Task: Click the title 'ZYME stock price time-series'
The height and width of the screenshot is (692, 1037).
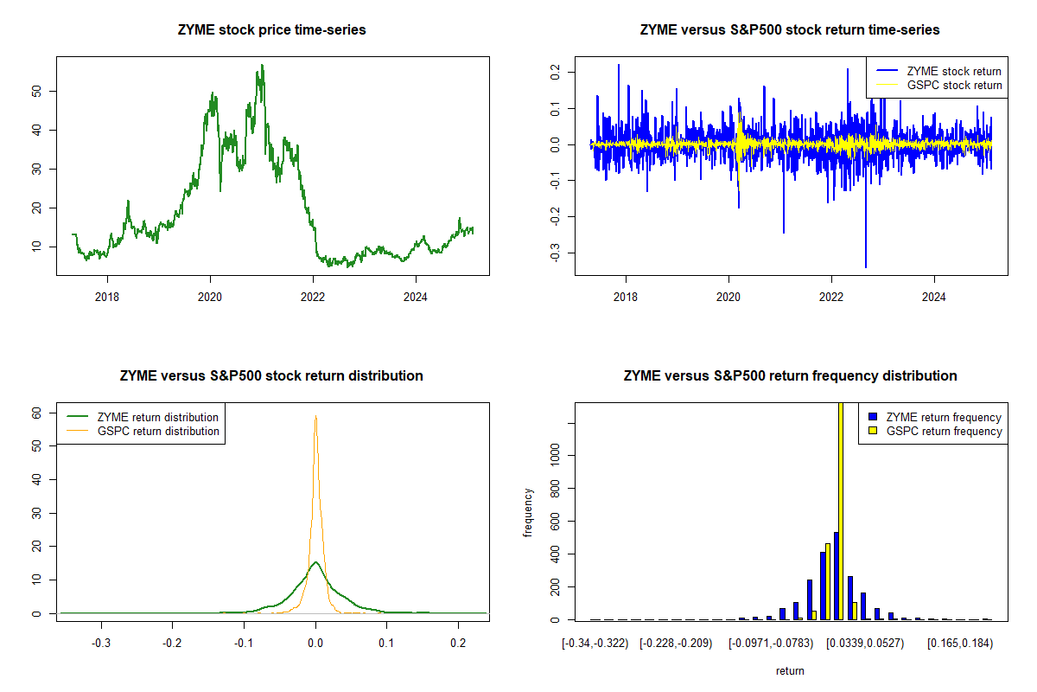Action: pos(273,30)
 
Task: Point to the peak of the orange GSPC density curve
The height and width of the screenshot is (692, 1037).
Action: pos(315,417)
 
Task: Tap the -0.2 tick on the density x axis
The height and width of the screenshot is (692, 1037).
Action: pos(173,644)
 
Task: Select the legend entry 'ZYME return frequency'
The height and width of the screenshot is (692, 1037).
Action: pos(943,417)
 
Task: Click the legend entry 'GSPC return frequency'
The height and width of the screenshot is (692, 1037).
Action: pos(943,431)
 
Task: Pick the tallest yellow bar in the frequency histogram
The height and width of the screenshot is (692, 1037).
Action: pos(841,510)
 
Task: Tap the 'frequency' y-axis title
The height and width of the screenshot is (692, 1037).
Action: pos(529,512)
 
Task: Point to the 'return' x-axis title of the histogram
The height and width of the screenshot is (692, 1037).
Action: pos(790,670)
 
